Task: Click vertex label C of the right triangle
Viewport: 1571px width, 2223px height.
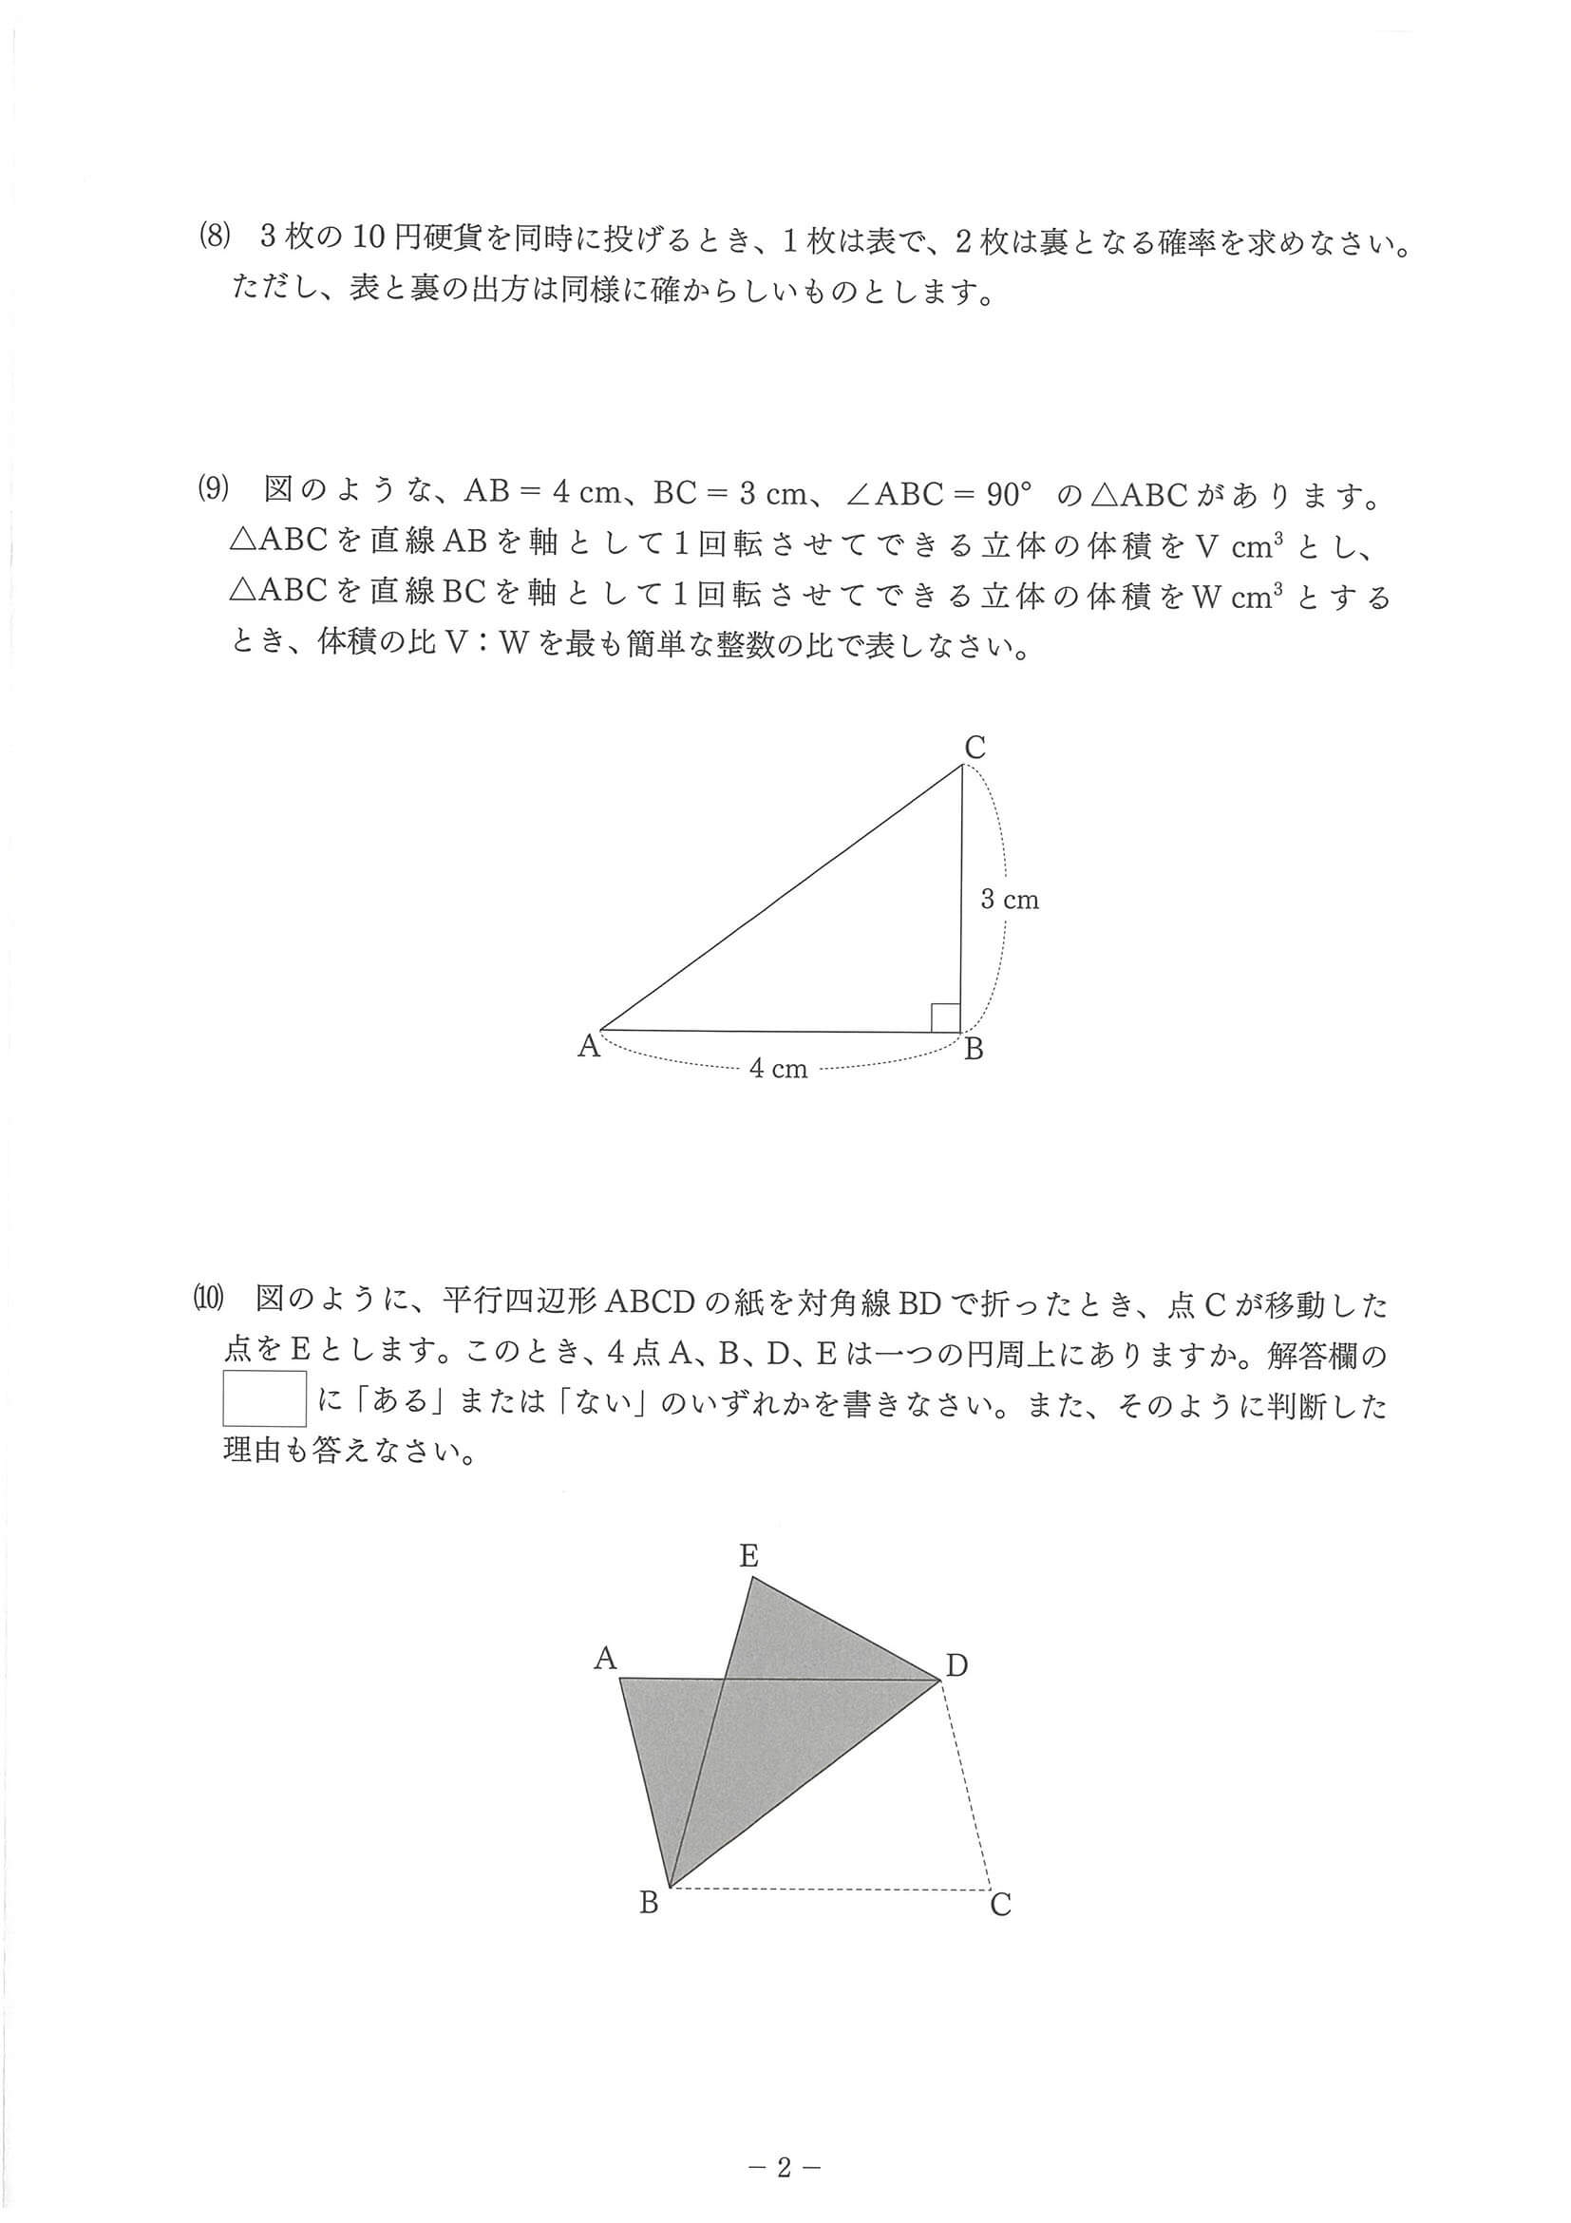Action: (975, 748)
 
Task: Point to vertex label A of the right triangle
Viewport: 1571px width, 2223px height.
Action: (589, 1046)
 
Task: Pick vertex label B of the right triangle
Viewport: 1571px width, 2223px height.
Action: (974, 1049)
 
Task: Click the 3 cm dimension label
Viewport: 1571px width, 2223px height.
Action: (1009, 900)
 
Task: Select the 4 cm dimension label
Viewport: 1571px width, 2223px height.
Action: (778, 1069)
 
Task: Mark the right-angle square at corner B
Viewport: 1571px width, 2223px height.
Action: (946, 1017)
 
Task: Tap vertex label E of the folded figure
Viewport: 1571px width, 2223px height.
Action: (748, 1556)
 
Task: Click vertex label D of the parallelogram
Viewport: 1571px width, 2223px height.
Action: (956, 1666)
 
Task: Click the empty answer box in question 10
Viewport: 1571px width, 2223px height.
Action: (264, 1398)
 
